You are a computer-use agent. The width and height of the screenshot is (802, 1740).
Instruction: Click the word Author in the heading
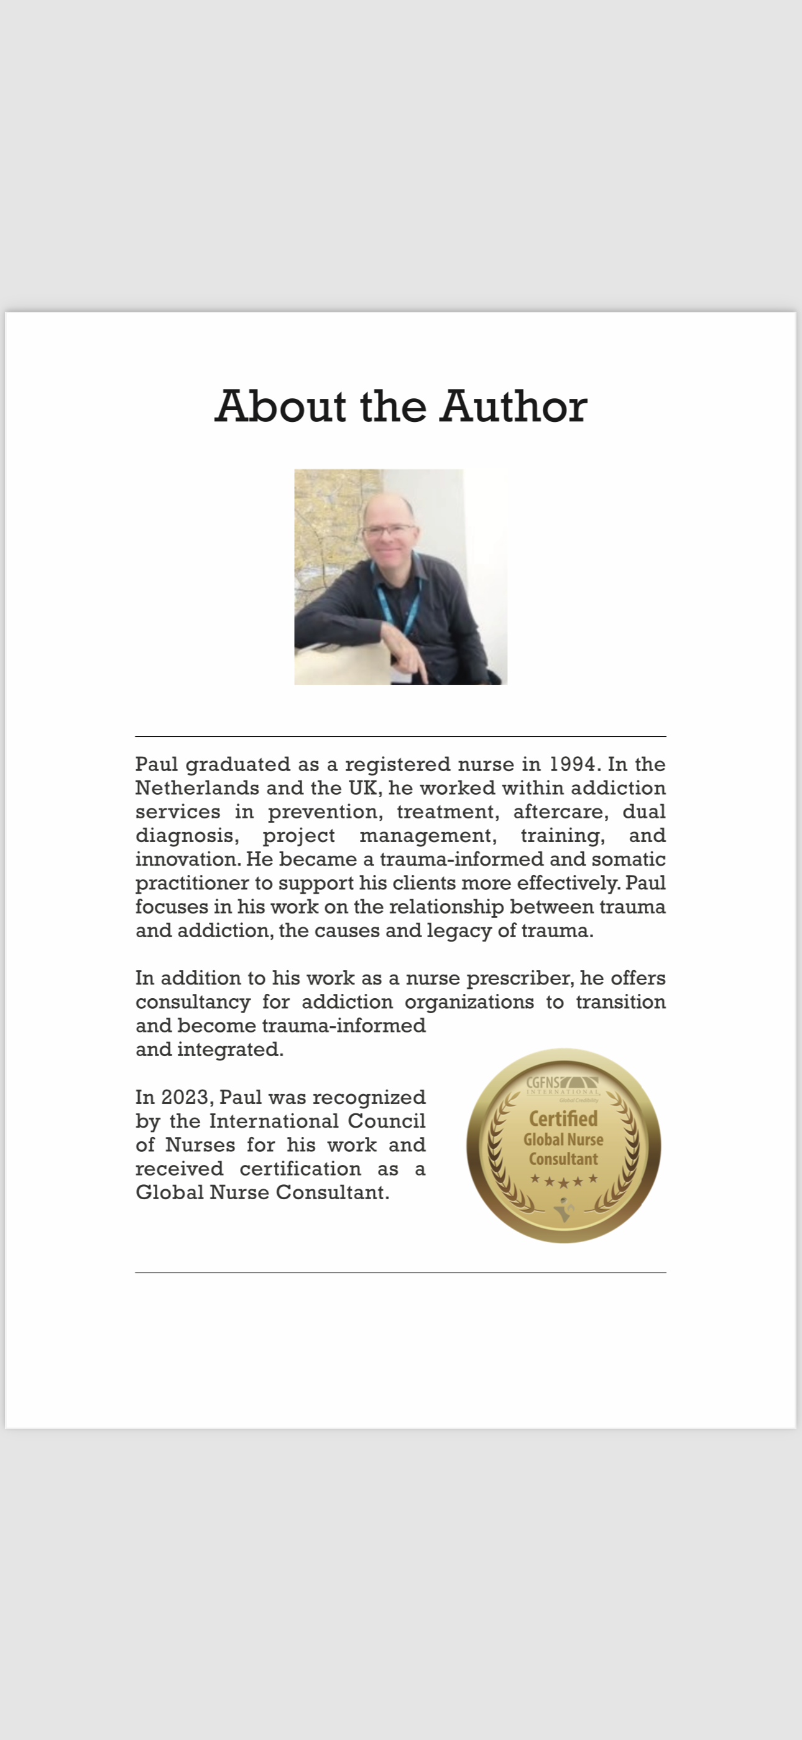tap(514, 406)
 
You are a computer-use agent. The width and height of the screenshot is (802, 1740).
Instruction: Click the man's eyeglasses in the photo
tap(388, 530)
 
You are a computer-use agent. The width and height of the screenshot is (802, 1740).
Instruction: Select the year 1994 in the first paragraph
tap(573, 764)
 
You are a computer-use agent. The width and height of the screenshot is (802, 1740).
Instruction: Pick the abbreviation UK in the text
tap(364, 788)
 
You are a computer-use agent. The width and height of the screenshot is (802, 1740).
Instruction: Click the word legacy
tap(459, 931)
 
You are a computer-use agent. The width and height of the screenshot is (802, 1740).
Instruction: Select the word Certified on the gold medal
tap(563, 1118)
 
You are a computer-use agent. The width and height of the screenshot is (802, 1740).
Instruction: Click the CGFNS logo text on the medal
tap(543, 1082)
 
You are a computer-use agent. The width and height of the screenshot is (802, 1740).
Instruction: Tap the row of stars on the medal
tap(564, 1180)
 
